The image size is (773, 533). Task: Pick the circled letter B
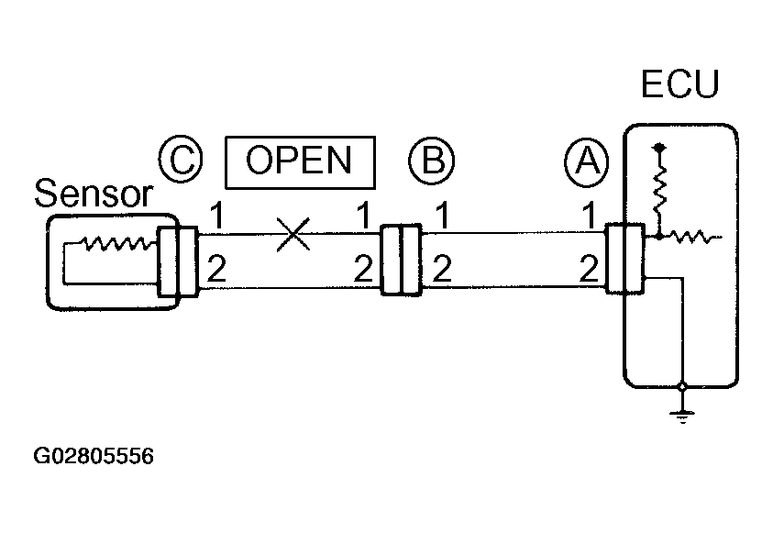click(431, 160)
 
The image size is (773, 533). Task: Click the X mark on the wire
click(293, 236)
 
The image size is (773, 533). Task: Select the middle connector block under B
click(401, 260)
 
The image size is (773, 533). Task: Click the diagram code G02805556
click(94, 456)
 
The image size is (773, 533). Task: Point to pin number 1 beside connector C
click(216, 218)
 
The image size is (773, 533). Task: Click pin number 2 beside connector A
click(587, 269)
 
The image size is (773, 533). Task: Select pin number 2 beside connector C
click(216, 269)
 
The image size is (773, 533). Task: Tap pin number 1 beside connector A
click(587, 218)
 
